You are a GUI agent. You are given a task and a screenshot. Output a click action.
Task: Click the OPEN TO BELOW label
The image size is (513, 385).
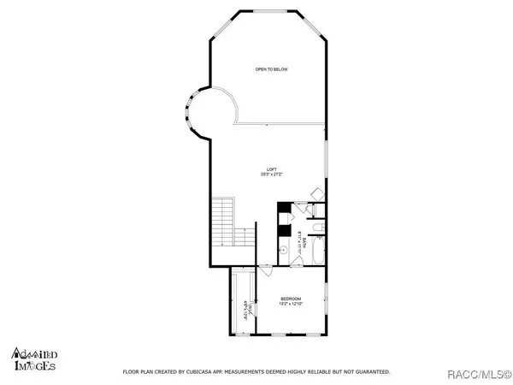pos(270,68)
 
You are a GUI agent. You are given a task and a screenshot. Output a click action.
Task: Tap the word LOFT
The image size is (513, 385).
pos(270,169)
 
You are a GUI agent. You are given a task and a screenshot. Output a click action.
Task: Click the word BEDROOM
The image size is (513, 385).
pos(291,298)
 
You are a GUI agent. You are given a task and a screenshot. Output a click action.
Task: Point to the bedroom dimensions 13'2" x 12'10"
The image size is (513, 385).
pos(291,304)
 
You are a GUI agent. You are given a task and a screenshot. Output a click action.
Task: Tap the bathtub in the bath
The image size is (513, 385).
pos(317,252)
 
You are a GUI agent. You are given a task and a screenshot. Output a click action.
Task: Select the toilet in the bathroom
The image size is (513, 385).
pos(315,228)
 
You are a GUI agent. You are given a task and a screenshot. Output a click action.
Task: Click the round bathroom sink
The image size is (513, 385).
pos(284,251)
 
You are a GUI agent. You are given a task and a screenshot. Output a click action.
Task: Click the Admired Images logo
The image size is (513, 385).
pos(35,357)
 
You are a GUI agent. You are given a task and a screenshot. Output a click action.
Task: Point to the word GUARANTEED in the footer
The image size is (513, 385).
pos(369,372)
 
